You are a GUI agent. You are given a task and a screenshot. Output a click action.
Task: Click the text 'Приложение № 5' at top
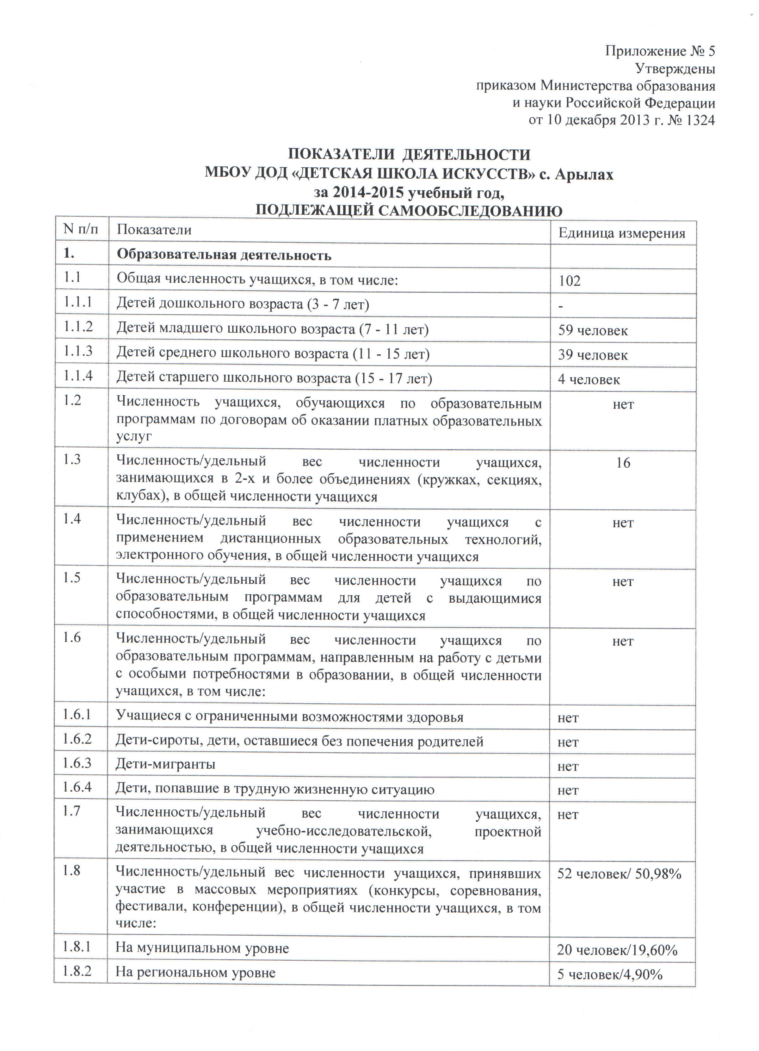(659, 51)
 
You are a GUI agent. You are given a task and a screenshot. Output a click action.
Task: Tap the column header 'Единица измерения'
(621, 233)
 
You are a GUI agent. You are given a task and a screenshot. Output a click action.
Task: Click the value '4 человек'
(589, 379)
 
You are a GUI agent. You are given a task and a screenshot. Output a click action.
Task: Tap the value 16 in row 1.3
(623, 463)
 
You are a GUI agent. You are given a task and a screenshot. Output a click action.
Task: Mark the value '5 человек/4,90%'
(610, 974)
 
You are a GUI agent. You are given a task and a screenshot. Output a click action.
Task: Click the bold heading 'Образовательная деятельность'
(224, 255)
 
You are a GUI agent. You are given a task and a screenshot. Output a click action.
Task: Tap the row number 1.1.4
(78, 375)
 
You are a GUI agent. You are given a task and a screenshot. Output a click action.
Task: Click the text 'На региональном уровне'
(195, 972)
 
